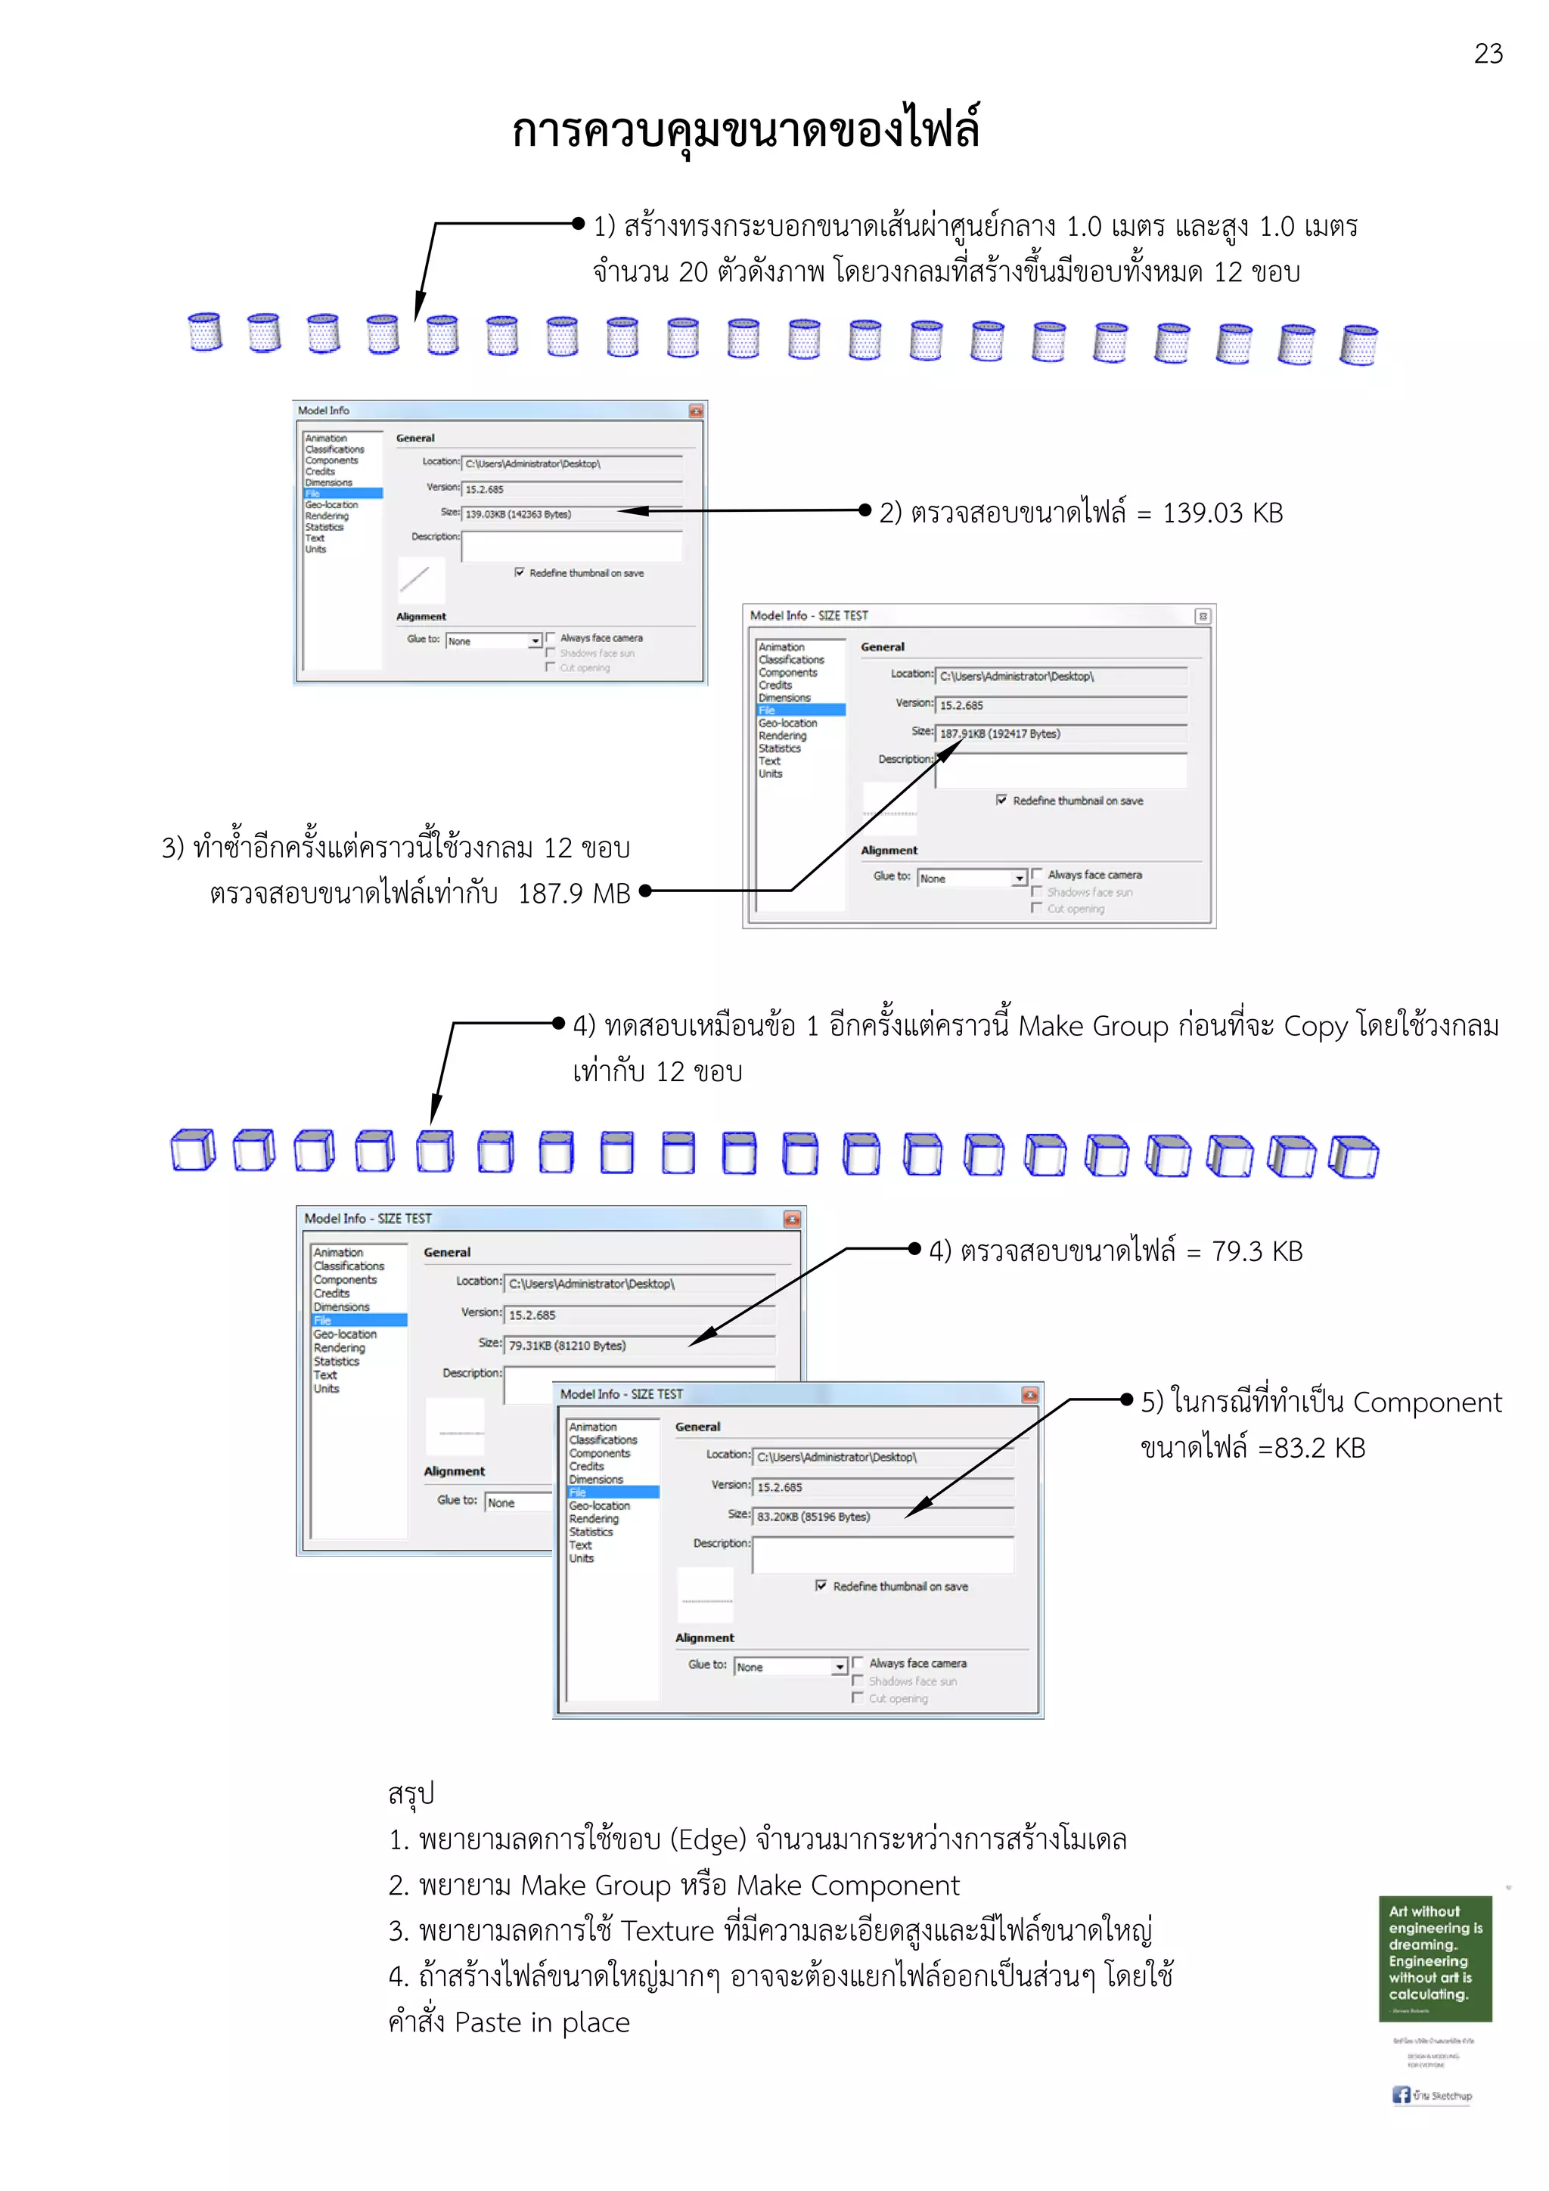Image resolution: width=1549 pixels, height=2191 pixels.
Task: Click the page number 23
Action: [1487, 54]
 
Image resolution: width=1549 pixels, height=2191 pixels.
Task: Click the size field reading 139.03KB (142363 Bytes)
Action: [571, 513]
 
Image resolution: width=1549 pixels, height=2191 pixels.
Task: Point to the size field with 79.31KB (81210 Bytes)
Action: [639, 1346]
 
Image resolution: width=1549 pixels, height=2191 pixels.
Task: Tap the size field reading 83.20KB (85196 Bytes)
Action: [882, 1517]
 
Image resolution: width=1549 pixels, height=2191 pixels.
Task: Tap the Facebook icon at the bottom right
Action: [1400, 2095]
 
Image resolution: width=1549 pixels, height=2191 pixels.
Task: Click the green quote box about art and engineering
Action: [1435, 1958]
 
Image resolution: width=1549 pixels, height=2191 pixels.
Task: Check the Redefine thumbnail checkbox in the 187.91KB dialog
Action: [1001, 800]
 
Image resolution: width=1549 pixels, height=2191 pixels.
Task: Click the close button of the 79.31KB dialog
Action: [791, 1219]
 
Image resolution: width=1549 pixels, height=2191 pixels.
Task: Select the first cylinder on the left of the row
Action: [205, 332]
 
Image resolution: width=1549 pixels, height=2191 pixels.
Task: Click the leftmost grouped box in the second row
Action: [193, 1149]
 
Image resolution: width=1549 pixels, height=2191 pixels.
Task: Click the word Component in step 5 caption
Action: [1426, 1402]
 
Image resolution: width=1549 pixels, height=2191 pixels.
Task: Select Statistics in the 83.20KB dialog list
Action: [591, 1532]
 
